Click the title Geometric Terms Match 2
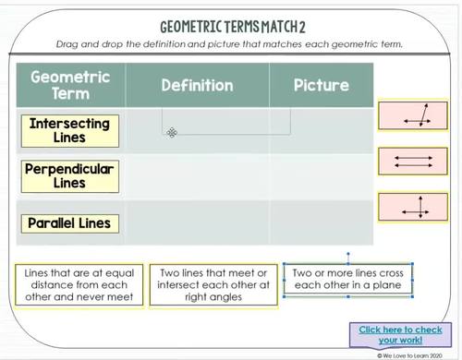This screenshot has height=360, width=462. (230, 28)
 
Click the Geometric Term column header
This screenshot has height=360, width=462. (70, 86)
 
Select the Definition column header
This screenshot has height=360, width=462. (197, 86)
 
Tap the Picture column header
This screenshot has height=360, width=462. (321, 86)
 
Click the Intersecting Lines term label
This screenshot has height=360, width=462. (69, 130)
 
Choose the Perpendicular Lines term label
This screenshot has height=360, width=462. (69, 176)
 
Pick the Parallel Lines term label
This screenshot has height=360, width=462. (69, 223)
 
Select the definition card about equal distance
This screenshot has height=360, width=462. (79, 284)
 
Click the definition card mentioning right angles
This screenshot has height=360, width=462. (213, 284)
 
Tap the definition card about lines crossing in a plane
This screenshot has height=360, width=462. (347, 279)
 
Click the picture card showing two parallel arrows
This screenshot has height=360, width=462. (412, 162)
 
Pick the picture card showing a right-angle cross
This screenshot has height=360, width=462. (412, 207)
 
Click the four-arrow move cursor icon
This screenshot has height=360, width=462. (172, 133)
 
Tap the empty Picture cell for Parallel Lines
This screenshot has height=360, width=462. (321, 223)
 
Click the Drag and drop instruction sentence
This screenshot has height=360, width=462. (230, 45)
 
